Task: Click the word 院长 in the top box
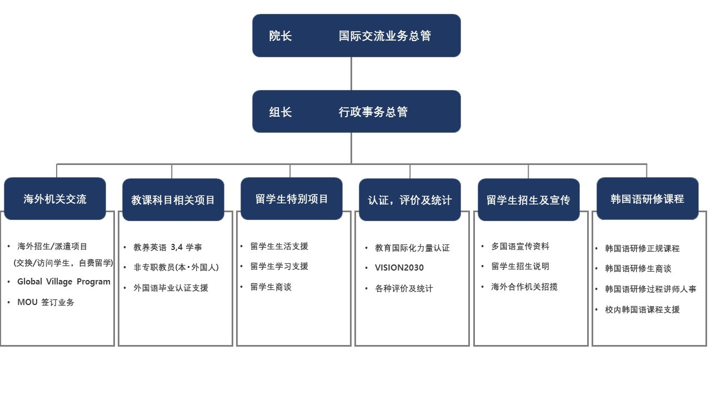tap(281, 36)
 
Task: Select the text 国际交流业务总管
tap(385, 36)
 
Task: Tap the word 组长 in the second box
tap(281, 112)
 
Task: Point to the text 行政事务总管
tap(373, 112)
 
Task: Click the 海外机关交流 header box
tap(55, 199)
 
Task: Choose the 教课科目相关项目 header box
tap(173, 199)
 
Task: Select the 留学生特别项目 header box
tap(292, 199)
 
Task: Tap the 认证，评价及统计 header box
tap(410, 199)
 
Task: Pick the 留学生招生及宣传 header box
tap(528, 199)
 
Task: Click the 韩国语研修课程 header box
tap(648, 199)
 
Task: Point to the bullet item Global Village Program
tap(64, 282)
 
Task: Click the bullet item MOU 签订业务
tap(46, 302)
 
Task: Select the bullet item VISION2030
tap(399, 268)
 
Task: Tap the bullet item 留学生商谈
tap(271, 287)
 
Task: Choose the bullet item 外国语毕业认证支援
tap(171, 288)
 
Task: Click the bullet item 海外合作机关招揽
tap(524, 287)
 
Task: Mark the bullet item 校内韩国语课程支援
tap(642, 309)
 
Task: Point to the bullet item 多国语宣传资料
tap(520, 246)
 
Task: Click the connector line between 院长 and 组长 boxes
tap(351, 74)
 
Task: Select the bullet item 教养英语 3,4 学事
tap(168, 247)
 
